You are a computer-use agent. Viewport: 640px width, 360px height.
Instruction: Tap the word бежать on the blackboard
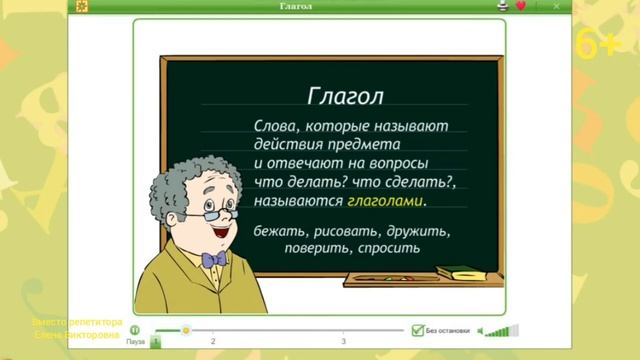click(279, 231)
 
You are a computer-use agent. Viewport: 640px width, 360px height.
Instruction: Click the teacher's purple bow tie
click(214, 260)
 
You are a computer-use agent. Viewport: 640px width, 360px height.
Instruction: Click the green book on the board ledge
click(461, 271)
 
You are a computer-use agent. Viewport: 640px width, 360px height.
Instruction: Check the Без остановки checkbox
click(417, 330)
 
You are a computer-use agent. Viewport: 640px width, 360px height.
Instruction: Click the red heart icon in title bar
click(520, 6)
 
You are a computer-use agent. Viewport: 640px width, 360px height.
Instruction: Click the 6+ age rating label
click(599, 45)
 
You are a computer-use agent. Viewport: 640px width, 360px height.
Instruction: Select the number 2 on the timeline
click(213, 342)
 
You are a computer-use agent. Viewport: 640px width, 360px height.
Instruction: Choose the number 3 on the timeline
click(343, 342)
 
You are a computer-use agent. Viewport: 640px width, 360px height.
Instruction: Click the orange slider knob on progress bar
click(185, 329)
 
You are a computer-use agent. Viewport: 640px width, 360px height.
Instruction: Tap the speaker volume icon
click(481, 331)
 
